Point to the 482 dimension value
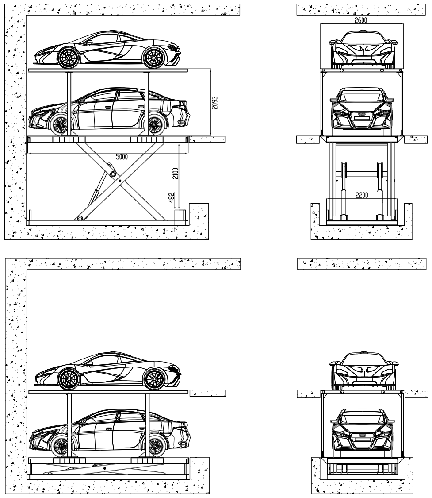[175, 198]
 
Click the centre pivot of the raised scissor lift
[120, 181]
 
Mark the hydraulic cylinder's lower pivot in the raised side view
[80, 218]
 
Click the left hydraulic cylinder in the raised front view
[342, 190]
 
